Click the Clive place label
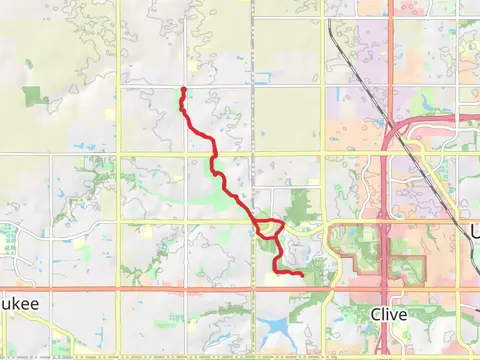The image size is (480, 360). [388, 313]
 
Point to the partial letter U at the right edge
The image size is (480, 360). [474, 233]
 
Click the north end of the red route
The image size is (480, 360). [183, 90]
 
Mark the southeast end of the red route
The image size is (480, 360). [301, 273]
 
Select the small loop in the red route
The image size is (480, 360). [268, 228]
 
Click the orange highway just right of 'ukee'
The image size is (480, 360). [80, 289]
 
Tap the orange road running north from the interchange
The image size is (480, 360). [386, 60]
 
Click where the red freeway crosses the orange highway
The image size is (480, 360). [386, 289]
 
